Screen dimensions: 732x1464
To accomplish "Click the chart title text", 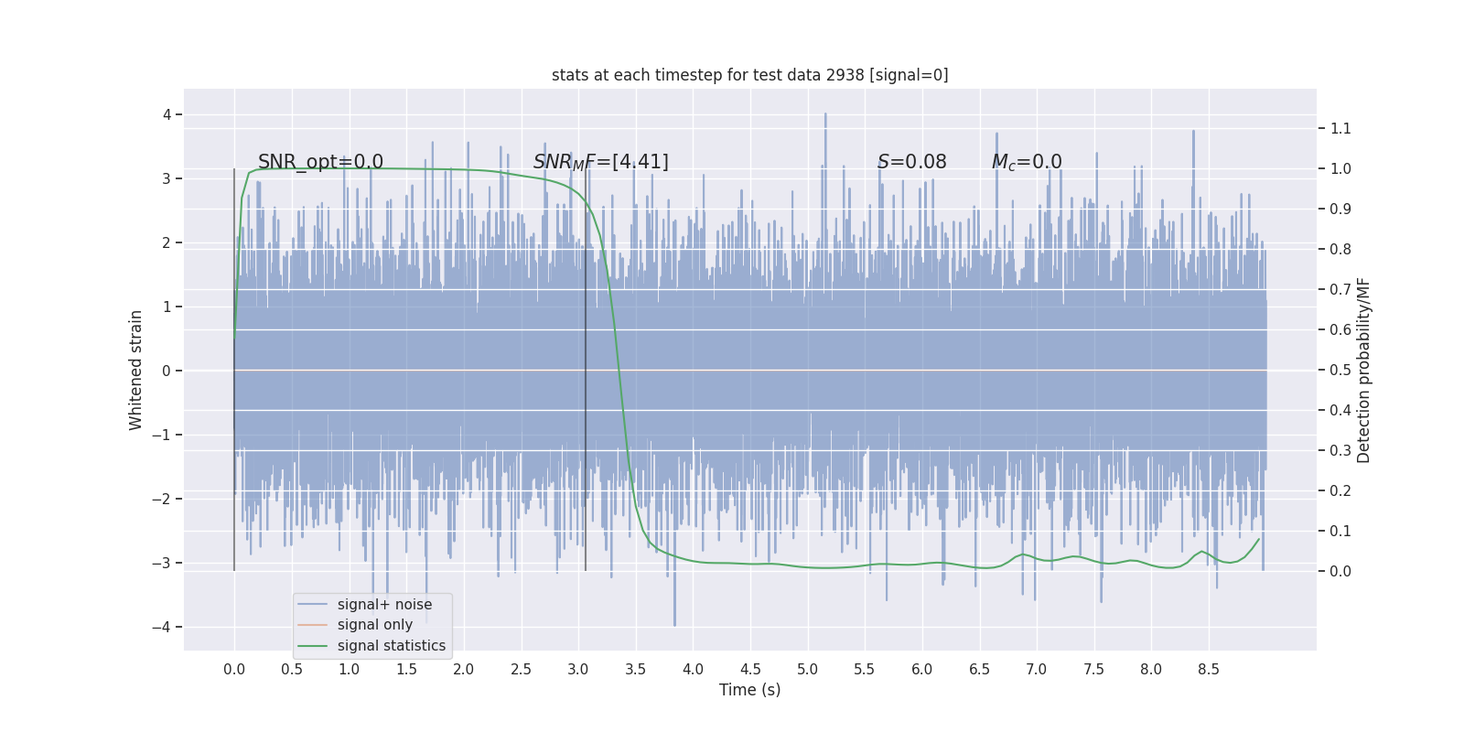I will point(749,75).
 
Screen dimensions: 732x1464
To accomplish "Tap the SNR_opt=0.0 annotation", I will point(320,162).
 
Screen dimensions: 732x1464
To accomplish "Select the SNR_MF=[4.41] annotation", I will point(600,162).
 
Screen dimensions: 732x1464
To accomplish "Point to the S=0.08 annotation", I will point(911,162).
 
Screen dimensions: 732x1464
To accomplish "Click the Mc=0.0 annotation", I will point(1027,162).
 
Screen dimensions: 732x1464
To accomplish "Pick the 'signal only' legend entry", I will point(374,625).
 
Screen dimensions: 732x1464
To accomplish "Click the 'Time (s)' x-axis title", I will point(749,690).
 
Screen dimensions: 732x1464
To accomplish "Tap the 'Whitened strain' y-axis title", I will point(136,370).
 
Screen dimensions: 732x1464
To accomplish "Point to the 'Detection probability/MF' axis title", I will point(1363,370).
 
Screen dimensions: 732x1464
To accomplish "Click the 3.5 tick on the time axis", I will point(635,670).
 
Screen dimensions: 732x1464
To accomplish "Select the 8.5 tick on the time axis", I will point(1208,670).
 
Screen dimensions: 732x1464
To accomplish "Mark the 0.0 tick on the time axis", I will point(234,670).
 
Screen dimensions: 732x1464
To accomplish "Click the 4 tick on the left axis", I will point(167,114).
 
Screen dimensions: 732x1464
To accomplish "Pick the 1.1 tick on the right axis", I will point(1340,128).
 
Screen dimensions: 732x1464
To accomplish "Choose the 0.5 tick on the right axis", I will point(1340,370).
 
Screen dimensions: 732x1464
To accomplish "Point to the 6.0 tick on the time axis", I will point(921,670).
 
